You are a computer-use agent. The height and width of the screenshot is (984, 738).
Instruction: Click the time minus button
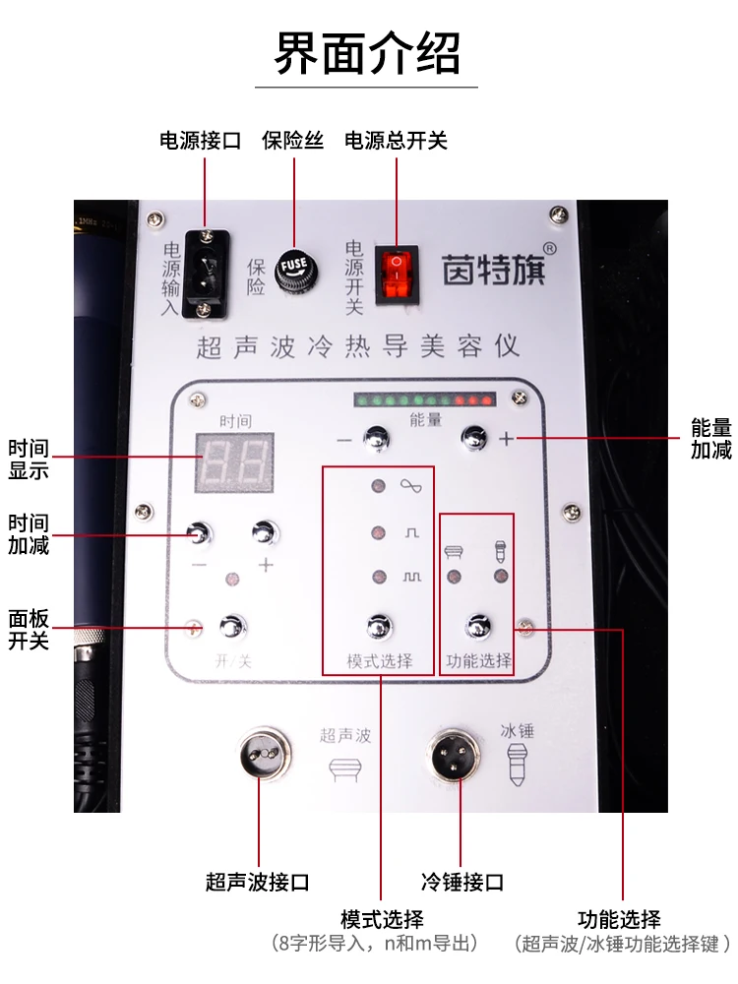click(200, 532)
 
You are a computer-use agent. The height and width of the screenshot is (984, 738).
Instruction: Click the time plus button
click(264, 532)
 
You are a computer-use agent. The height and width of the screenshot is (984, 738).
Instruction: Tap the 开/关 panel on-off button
click(232, 626)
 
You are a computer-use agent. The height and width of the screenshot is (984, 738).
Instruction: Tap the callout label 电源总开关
click(396, 141)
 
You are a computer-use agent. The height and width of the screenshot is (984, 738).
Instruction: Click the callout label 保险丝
click(292, 141)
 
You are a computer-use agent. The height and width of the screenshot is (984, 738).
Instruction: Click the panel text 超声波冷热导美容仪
click(358, 346)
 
